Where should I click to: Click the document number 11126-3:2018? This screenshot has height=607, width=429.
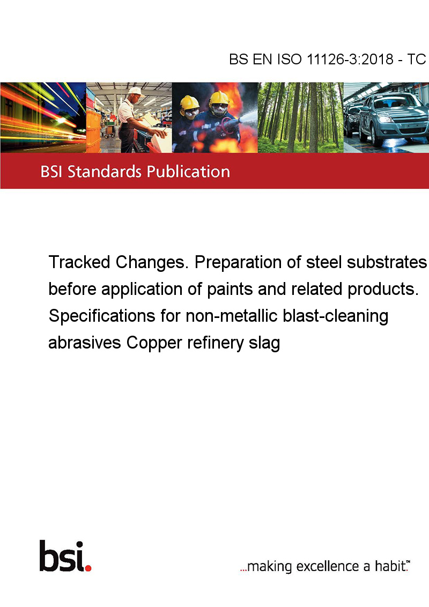pyautogui.click(x=350, y=59)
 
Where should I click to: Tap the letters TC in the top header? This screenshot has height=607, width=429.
pyautogui.click(x=416, y=59)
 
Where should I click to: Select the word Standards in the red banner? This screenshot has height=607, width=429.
pyautogui.click(x=105, y=171)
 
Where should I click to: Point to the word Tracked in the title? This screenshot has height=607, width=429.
pyautogui.click(x=79, y=262)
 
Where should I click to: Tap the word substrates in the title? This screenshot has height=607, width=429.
pyautogui.click(x=387, y=262)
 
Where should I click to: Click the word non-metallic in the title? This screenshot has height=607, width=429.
pyautogui.click(x=231, y=316)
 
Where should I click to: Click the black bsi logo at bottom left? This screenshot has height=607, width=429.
pyautogui.click(x=62, y=556)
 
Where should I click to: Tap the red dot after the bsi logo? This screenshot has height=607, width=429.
pyautogui.click(x=88, y=568)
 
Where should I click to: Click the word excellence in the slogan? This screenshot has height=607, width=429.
pyautogui.click(x=328, y=567)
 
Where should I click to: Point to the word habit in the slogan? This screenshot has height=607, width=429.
pyautogui.click(x=390, y=566)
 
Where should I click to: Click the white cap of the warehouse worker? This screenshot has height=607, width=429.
pyautogui.click(x=135, y=91)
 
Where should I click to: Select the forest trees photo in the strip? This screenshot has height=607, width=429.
pyautogui.click(x=300, y=117)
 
